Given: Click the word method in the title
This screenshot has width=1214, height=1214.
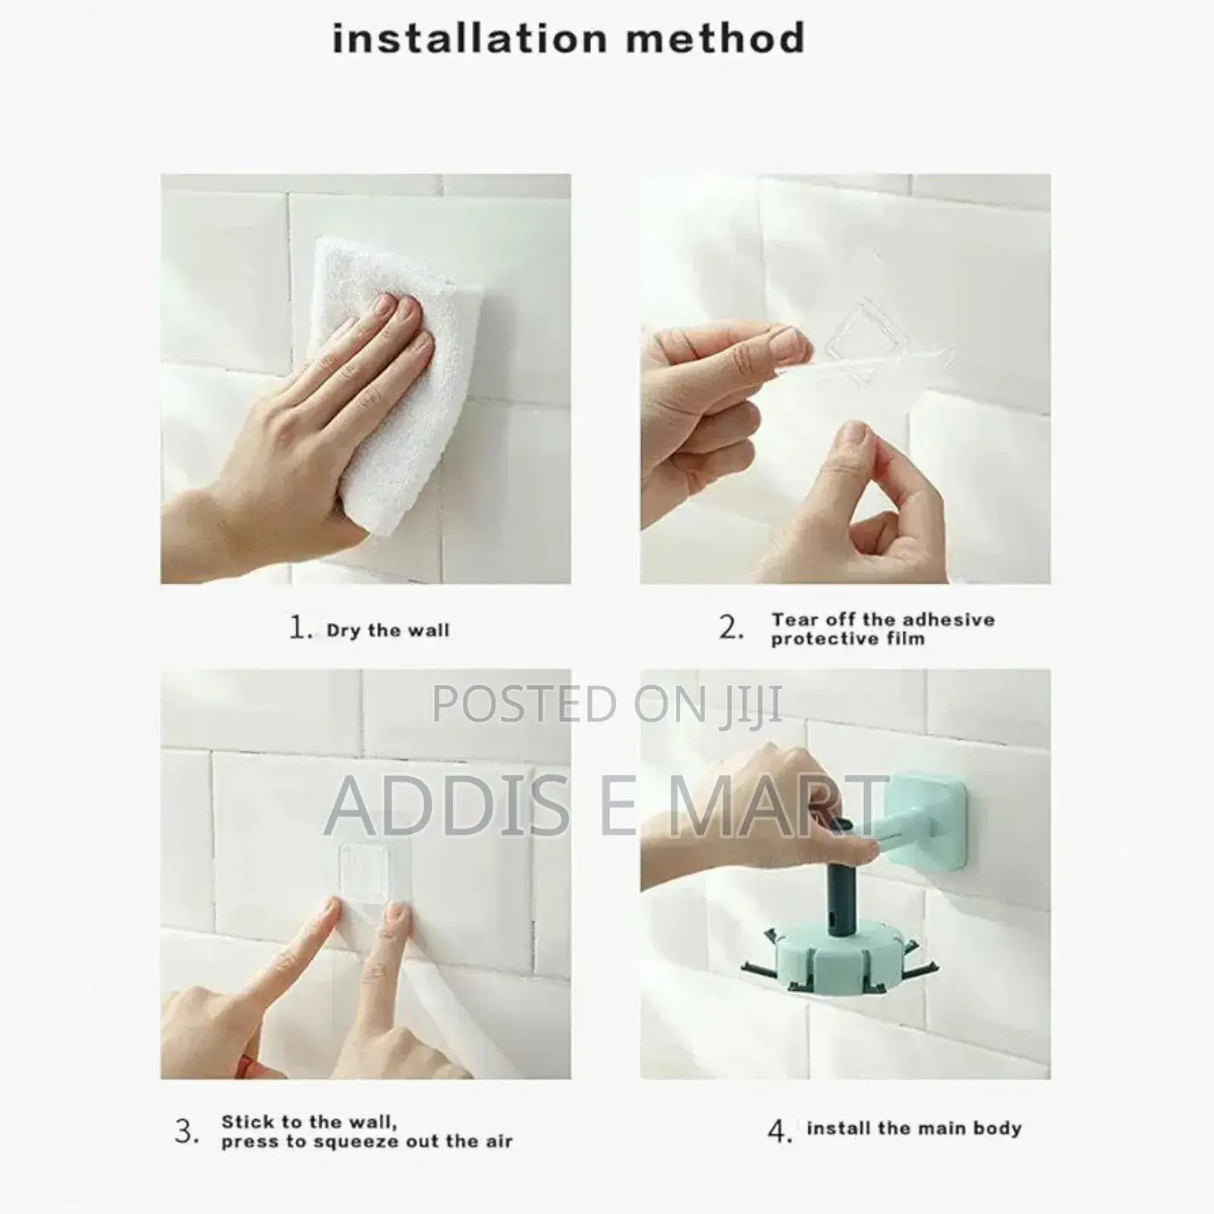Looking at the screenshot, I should coord(716,38).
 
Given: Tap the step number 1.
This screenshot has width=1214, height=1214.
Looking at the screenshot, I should coord(300,629).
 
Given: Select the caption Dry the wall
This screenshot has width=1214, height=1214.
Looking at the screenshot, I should coord(388,631).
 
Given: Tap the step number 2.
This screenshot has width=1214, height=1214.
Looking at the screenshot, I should coord(731,628).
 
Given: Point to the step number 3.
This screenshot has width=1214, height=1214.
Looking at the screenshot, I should coord(187,1132).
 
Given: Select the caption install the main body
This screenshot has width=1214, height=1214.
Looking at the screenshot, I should coord(914,1128).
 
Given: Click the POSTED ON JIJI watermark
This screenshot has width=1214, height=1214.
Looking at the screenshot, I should coord(607,703).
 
